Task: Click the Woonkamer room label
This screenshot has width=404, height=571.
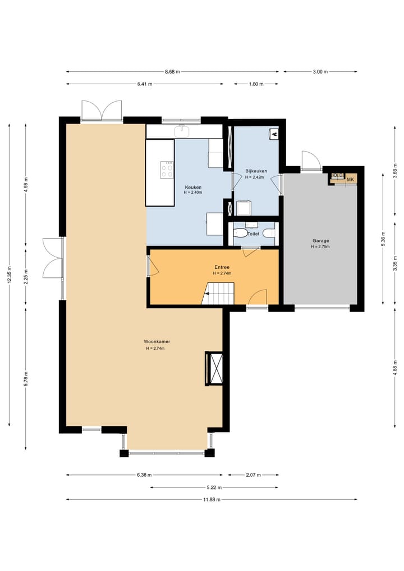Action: [x=157, y=341]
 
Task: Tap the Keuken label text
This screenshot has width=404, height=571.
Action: [x=193, y=187]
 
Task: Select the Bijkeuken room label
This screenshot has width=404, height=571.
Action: [x=256, y=171]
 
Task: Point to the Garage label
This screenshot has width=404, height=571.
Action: [x=320, y=240]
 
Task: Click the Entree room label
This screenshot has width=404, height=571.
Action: [x=222, y=267]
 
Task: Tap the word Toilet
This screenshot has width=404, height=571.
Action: [x=254, y=234]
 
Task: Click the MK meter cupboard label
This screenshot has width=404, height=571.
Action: [x=351, y=179]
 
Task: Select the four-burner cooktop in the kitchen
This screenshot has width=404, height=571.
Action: [x=167, y=170]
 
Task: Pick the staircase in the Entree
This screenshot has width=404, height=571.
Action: [x=217, y=293]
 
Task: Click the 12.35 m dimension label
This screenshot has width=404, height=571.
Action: [x=10, y=275]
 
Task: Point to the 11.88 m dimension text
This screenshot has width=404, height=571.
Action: [x=212, y=499]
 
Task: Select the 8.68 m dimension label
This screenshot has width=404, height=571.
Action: [x=172, y=72]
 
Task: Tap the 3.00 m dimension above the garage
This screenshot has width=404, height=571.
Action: [x=320, y=72]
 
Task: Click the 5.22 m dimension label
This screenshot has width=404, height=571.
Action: [x=214, y=487]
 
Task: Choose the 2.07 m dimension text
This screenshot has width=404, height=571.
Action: [x=253, y=475]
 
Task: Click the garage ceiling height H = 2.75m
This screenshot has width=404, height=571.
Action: [x=320, y=246]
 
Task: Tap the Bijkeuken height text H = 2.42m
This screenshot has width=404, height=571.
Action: [x=255, y=177]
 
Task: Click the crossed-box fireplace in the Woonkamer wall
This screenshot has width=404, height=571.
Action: [x=214, y=368]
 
